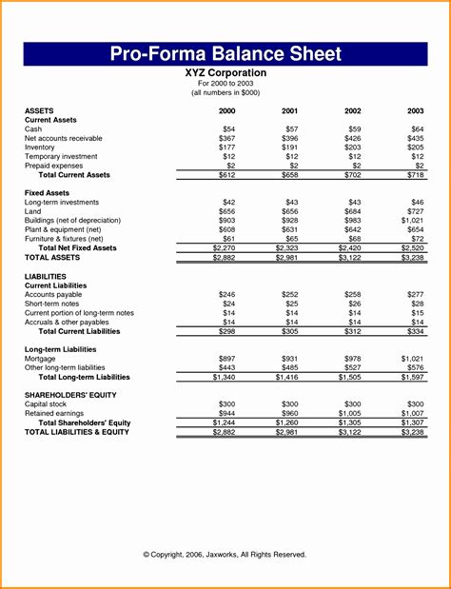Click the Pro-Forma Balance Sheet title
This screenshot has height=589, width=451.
[x=225, y=53]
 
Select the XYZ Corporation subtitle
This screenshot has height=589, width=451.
[x=225, y=72]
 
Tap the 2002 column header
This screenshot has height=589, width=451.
[x=354, y=111]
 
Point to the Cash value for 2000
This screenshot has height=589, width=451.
[x=228, y=128]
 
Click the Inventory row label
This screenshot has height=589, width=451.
[x=40, y=147]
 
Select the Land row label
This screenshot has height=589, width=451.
[x=33, y=211]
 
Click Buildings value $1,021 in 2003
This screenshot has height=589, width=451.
[x=413, y=221]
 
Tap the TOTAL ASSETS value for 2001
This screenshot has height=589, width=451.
[x=290, y=258]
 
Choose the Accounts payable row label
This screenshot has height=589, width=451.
[x=54, y=294]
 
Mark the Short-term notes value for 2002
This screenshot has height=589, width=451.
[x=355, y=304]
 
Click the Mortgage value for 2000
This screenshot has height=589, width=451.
[x=226, y=358]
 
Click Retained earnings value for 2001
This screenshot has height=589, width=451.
[x=290, y=414]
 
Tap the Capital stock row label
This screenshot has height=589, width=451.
[x=49, y=404]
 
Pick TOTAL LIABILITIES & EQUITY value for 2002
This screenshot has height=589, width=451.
[x=352, y=432]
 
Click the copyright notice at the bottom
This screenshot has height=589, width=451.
[x=225, y=554]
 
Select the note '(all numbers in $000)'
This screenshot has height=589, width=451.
[x=225, y=92]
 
